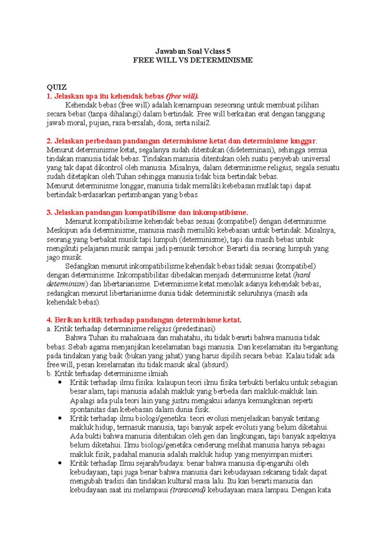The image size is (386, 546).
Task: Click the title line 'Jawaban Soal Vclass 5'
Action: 193,51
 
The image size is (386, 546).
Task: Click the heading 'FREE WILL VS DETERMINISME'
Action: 193,60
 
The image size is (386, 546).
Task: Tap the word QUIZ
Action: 57,87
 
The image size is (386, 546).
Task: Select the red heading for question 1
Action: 123,96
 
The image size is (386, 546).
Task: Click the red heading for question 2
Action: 181,141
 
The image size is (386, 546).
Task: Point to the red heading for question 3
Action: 147,213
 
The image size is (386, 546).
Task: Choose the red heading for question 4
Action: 144,320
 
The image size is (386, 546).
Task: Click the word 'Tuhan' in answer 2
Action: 126,177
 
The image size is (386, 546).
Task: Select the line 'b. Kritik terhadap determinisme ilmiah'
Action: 107,374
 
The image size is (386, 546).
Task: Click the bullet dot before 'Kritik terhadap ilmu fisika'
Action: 60,382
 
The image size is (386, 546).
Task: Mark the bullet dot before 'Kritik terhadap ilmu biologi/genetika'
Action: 60,418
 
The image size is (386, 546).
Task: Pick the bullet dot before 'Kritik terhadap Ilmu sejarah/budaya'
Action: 60,463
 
